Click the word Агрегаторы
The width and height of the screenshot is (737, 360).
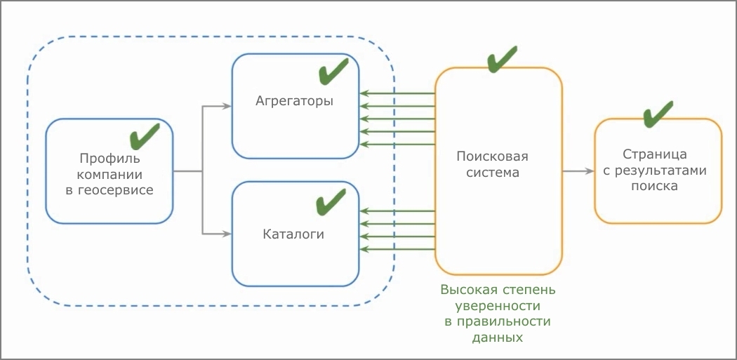pyautogui.click(x=294, y=101)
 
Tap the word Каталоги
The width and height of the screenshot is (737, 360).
pyautogui.click(x=294, y=234)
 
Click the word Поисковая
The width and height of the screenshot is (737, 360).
pyautogui.click(x=492, y=156)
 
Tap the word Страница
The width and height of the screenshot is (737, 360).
pyautogui.click(x=654, y=154)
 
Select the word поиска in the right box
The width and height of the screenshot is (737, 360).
pyautogui.click(x=654, y=187)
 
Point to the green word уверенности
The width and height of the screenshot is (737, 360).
pyautogui.click(x=498, y=305)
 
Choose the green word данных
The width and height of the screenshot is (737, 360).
pyautogui.click(x=498, y=338)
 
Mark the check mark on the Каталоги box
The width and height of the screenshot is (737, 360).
pyautogui.click(x=331, y=202)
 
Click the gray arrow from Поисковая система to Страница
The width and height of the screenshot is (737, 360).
pyautogui.click(x=577, y=171)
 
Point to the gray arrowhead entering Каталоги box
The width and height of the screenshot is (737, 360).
pyautogui.click(x=227, y=233)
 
